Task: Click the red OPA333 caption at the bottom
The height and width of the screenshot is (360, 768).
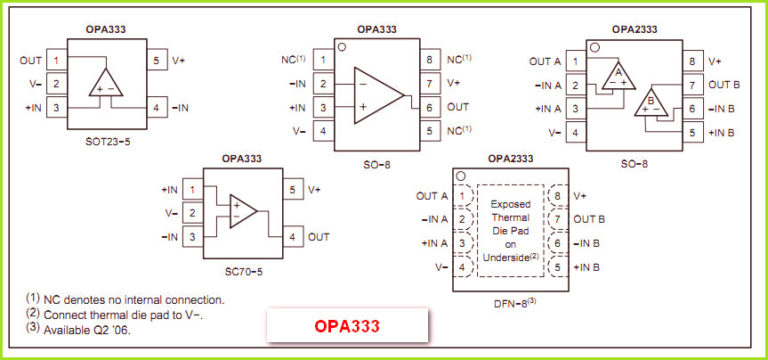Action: [x=345, y=326]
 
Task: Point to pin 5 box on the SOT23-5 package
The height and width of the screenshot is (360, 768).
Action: [x=157, y=61]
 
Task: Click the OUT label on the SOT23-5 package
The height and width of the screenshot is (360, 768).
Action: [x=30, y=61]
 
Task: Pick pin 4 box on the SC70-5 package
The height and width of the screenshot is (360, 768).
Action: [x=292, y=237]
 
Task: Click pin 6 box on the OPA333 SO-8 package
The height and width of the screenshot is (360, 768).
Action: [x=428, y=107]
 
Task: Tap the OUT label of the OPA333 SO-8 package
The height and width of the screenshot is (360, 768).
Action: [x=458, y=107]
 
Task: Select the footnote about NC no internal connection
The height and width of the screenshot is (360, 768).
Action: [x=125, y=298]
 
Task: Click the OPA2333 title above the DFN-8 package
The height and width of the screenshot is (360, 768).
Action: [x=510, y=158]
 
